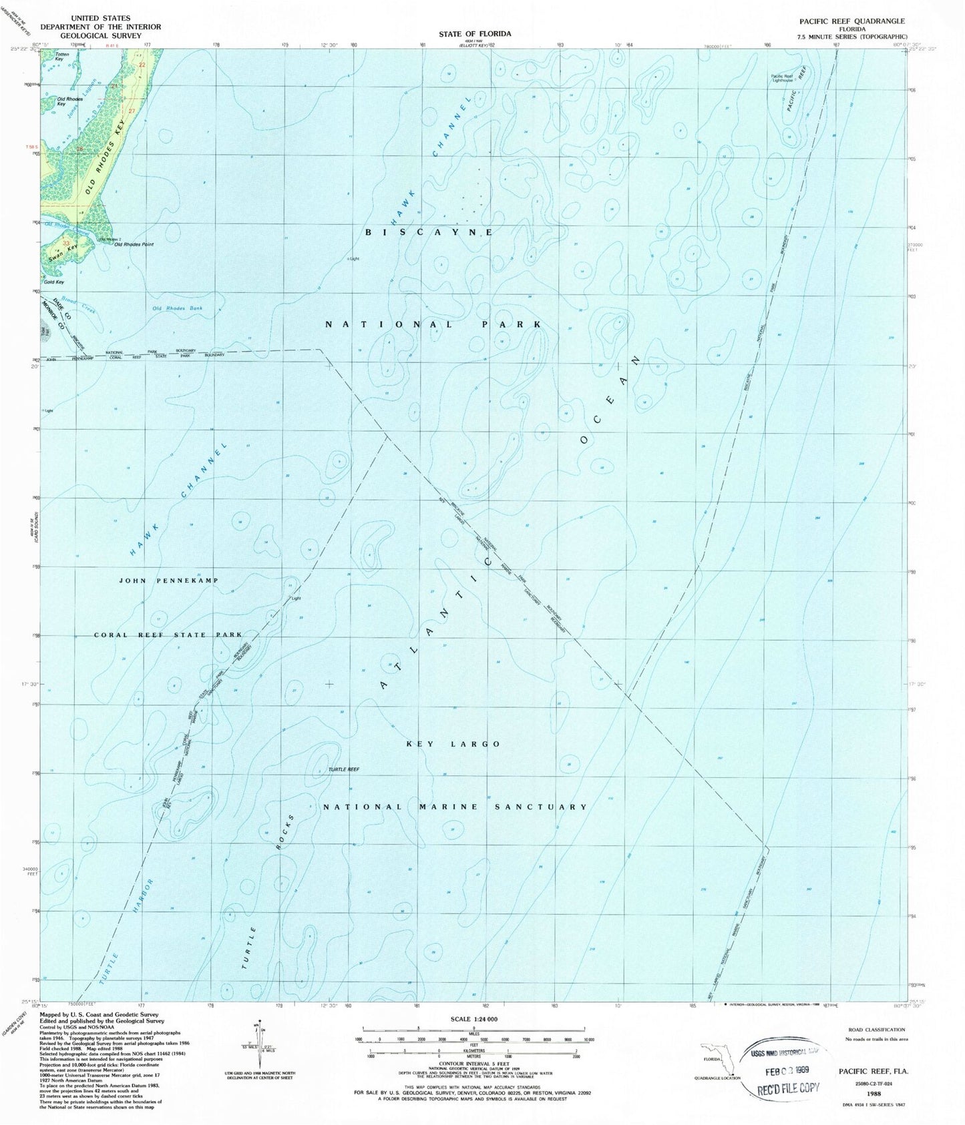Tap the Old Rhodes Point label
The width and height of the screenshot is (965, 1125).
pos(134,244)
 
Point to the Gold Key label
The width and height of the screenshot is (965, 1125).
pos(55,282)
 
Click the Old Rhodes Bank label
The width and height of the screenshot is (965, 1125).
pos(177,308)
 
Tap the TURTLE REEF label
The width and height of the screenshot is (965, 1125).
pos(343,769)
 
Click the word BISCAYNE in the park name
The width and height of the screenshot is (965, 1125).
pos(429,232)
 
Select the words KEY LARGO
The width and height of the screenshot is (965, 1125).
pos(453,743)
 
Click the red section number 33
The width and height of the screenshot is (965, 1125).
pos(66,243)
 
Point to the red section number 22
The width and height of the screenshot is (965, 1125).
pos(142,65)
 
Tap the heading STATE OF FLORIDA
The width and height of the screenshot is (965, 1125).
pos(475,33)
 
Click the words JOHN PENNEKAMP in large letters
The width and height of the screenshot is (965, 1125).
pos(168,581)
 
